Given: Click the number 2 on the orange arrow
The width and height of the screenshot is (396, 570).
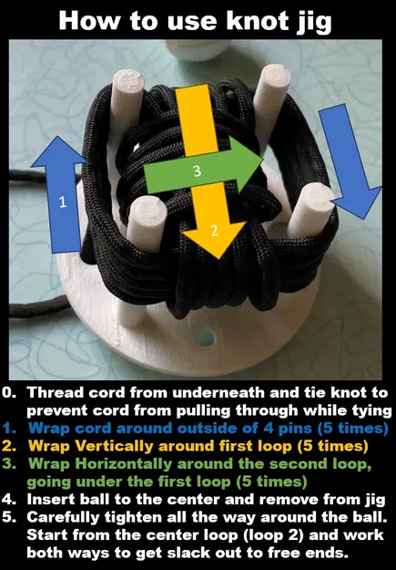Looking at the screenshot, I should pos(214,230).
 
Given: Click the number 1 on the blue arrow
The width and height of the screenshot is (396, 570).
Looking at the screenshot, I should pos(62,203).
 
